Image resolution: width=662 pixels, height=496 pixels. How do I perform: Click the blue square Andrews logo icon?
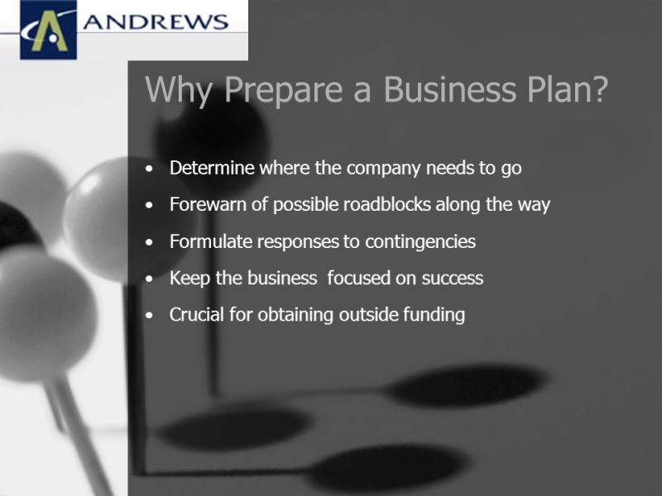pyautogui.click(x=49, y=30)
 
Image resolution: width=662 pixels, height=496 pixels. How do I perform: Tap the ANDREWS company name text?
pyautogui.click(x=156, y=22)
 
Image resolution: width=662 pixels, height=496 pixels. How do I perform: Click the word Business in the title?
pyautogui.click(x=449, y=89)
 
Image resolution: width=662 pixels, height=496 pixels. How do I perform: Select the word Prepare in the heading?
pyautogui.click(x=283, y=90)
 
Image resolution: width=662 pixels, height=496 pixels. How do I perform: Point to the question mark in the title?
pyautogui.click(x=598, y=88)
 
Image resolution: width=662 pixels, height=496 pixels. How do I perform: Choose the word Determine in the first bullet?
pyautogui.click(x=212, y=168)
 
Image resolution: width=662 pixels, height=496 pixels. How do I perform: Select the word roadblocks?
pyautogui.click(x=386, y=204)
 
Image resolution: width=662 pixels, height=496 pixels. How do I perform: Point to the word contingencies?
pyautogui.click(x=420, y=242)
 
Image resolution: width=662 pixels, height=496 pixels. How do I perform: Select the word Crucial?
pyautogui.click(x=197, y=315)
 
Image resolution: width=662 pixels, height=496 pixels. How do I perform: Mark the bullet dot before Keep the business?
pyautogui.click(x=149, y=279)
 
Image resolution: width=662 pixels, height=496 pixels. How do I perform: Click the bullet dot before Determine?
pyautogui.click(x=149, y=169)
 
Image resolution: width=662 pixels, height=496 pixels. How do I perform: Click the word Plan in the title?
pyautogui.click(x=556, y=89)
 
